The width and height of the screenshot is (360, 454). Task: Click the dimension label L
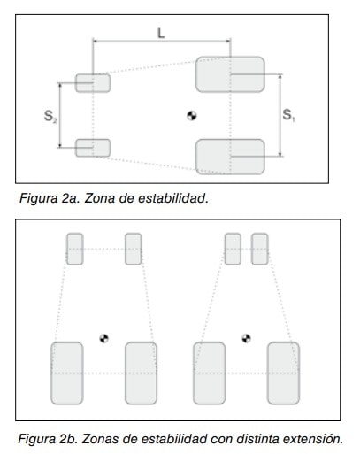click(x=161, y=33)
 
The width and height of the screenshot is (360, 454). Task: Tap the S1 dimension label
click(x=288, y=115)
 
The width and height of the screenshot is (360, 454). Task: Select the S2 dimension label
click(x=50, y=116)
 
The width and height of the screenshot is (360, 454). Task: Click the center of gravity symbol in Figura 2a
click(x=192, y=116)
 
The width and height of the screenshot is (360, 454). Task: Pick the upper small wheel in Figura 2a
click(x=93, y=83)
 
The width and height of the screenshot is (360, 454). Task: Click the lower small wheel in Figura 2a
click(x=93, y=148)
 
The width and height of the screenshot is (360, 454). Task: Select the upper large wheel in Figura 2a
click(x=230, y=74)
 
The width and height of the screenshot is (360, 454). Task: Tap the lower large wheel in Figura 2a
click(x=230, y=157)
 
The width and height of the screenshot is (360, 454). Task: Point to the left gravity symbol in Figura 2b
click(x=103, y=338)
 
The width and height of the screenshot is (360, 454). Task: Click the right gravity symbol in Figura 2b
click(x=246, y=338)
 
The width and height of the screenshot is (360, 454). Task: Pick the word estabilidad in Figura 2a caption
click(x=173, y=198)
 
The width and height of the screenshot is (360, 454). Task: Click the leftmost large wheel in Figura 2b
click(x=67, y=373)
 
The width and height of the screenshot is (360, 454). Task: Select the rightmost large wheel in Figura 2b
click(x=283, y=373)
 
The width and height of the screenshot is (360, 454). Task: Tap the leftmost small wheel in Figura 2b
click(x=75, y=249)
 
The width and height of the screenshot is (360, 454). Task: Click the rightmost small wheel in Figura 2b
click(x=260, y=249)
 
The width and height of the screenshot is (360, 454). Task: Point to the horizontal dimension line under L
click(x=162, y=42)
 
